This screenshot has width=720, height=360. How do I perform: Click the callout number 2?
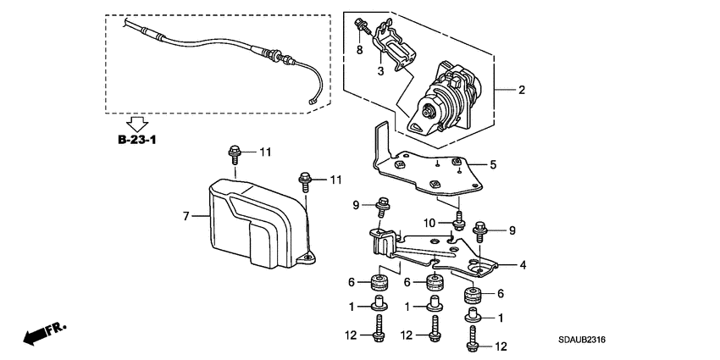click(x=523, y=90)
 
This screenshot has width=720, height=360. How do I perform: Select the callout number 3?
click(x=381, y=71)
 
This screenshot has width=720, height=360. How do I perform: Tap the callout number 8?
click(x=359, y=50)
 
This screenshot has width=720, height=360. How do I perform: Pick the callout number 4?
click(x=523, y=265)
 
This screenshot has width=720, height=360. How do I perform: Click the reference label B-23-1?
click(x=133, y=138)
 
